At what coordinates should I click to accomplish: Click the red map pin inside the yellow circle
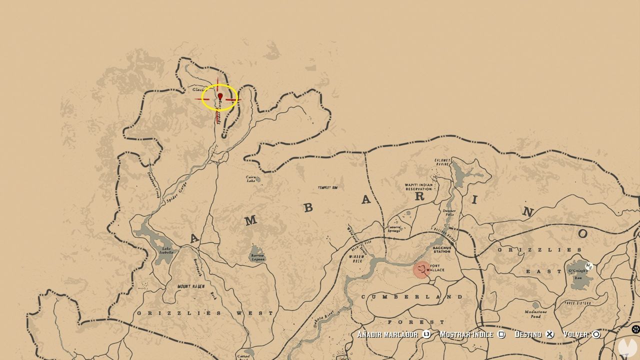(220, 96)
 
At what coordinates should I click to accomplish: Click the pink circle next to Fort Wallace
(422, 269)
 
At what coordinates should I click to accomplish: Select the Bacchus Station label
(442, 249)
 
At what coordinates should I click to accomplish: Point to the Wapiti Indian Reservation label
(418, 187)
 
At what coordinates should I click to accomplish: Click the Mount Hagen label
(190, 286)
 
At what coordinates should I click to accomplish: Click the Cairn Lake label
(251, 178)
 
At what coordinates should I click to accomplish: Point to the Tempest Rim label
(328, 188)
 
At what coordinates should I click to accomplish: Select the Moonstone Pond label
(536, 314)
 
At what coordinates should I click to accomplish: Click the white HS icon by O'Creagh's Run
(589, 266)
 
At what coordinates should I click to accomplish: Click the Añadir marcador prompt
(388, 334)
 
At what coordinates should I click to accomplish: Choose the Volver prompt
(575, 334)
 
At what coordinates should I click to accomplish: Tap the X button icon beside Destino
(550, 334)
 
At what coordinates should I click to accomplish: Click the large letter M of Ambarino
(250, 220)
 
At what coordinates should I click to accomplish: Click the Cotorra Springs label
(393, 228)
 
